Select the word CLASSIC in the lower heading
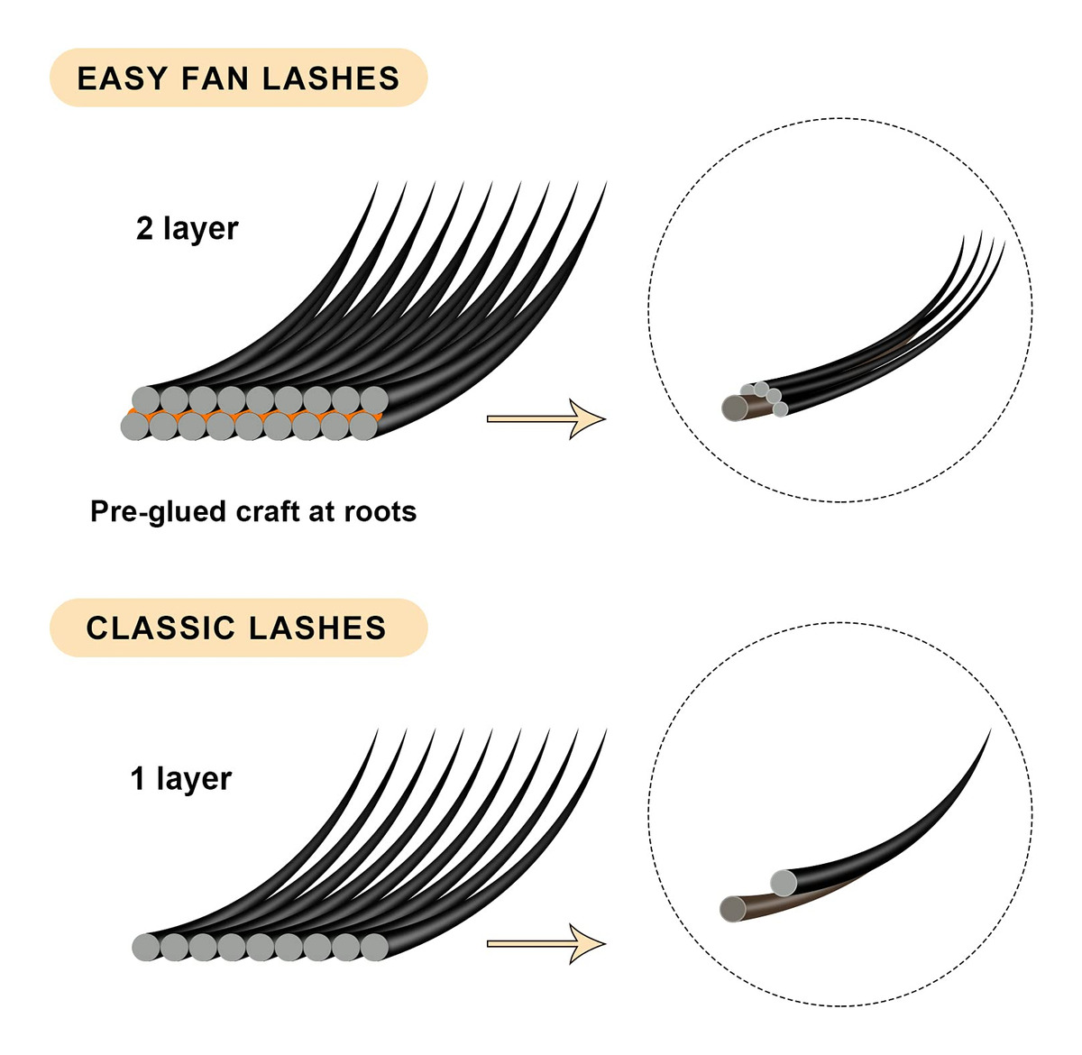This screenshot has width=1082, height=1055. coord(160,628)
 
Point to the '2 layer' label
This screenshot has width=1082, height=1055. coord(187,229)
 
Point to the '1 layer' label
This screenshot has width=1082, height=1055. coord(180,778)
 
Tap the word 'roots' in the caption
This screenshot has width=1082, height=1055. coord(381,512)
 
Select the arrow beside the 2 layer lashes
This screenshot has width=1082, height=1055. coord(546,418)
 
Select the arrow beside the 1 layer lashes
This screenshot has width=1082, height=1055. coord(546,943)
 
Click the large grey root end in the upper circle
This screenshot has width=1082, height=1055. coord(735,408)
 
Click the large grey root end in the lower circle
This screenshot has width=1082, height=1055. coord(734,908)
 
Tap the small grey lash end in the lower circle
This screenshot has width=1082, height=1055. coord(783,883)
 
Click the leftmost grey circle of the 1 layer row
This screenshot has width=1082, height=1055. coord(145,947)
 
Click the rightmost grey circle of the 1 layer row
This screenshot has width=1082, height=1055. coord(374,947)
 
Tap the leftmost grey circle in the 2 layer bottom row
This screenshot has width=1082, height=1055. coord(134,427)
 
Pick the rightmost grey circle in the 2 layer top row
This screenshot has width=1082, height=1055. coord(374,399)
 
